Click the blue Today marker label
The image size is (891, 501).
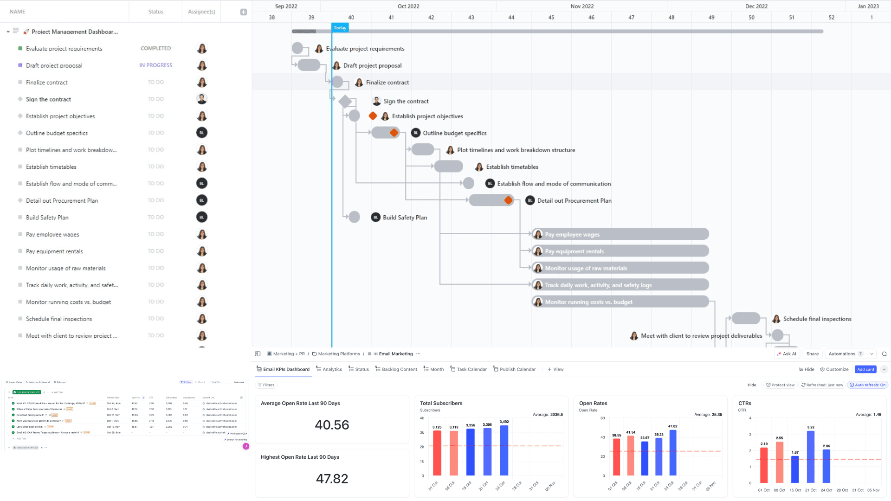pyautogui.click(x=340, y=28)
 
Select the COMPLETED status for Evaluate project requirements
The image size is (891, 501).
pyautogui.click(x=155, y=48)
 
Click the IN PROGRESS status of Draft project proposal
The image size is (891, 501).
pyautogui.click(x=155, y=65)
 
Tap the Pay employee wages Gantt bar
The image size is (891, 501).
pyautogui.click(x=620, y=234)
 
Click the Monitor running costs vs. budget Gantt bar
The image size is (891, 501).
pyautogui.click(x=620, y=302)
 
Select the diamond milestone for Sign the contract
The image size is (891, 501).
pyautogui.click(x=345, y=101)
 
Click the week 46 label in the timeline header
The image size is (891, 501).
pyautogui.click(x=591, y=17)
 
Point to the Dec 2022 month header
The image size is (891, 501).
pyautogui.click(x=756, y=6)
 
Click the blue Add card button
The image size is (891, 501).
pyautogui.click(x=865, y=369)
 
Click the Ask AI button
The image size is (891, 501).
pyautogui.click(x=786, y=353)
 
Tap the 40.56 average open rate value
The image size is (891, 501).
pyautogui.click(x=332, y=425)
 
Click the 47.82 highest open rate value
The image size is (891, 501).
pyautogui.click(x=332, y=479)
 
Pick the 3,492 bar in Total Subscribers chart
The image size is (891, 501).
pyautogui.click(x=504, y=450)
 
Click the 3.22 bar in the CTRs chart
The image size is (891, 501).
pyautogui.click(x=810, y=457)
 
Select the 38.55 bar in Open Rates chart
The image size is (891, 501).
pyautogui.click(x=616, y=457)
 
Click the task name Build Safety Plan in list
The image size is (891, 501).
pyautogui.click(x=47, y=218)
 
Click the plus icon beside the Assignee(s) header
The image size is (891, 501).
pyautogui.click(x=243, y=12)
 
